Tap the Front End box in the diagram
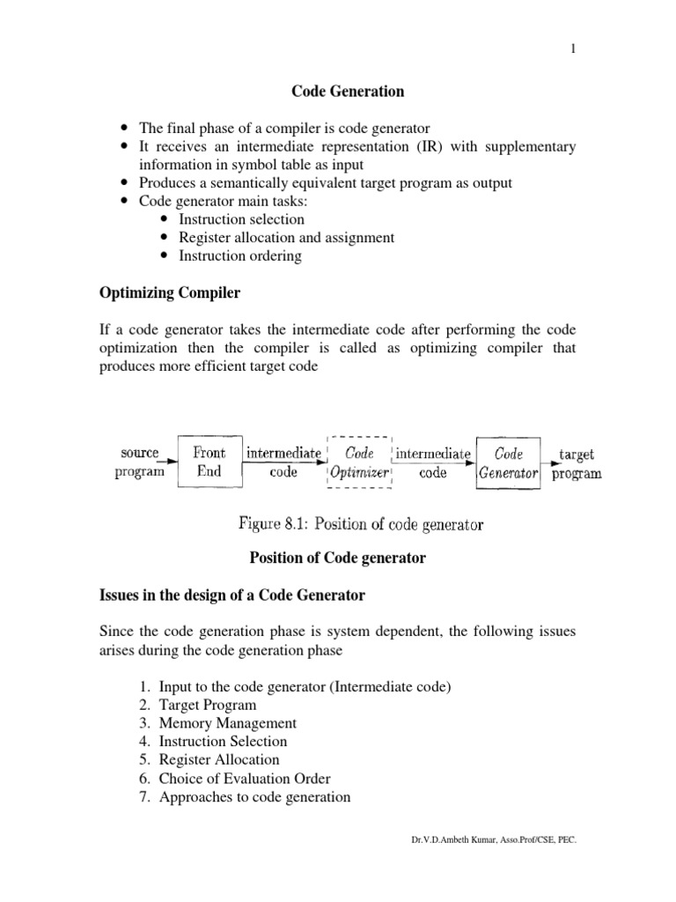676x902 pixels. [209, 462]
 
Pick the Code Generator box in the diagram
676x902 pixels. [509, 462]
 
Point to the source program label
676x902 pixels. [139, 462]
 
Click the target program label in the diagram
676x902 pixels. [577, 463]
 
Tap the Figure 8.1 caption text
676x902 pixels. [361, 525]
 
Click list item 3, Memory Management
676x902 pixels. [221, 723]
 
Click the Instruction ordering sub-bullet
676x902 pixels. [239, 255]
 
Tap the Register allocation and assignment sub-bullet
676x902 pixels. [286, 237]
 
